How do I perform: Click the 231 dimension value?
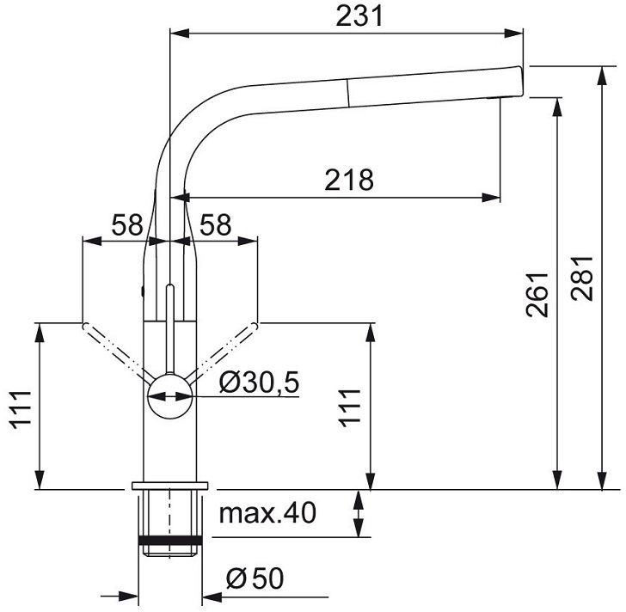click(x=359, y=16)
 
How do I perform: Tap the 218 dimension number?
click(x=349, y=180)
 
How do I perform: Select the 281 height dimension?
click(x=582, y=278)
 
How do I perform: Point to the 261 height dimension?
click(x=537, y=295)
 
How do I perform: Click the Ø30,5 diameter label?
click(x=259, y=382)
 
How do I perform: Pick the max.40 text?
click(x=267, y=513)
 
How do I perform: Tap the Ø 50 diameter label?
click(x=255, y=578)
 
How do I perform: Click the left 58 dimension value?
click(x=127, y=224)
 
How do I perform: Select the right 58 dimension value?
click(x=216, y=224)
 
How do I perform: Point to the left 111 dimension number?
click(x=21, y=410)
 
